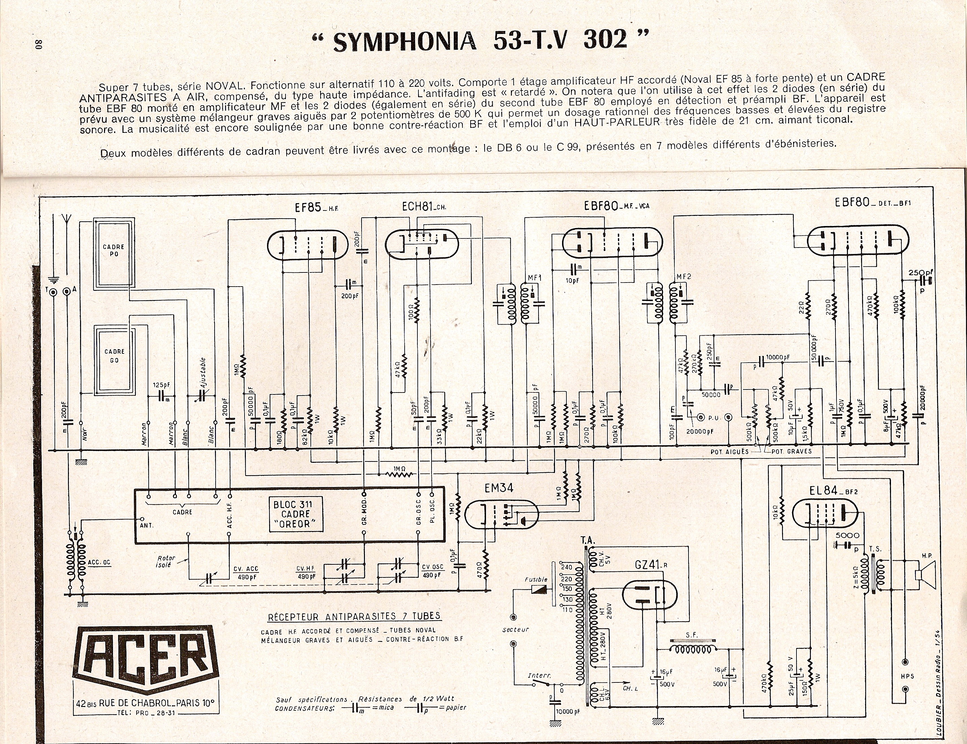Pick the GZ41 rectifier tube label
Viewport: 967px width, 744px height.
pos(647,565)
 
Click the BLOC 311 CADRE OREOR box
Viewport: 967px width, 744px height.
pos(295,514)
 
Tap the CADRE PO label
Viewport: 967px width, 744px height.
pos(114,250)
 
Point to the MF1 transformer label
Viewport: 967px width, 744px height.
pos(534,278)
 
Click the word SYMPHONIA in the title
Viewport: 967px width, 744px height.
pos(404,42)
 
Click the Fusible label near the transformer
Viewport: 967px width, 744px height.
pos(536,579)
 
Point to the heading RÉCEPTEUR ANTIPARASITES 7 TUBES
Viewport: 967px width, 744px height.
pos(354,616)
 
